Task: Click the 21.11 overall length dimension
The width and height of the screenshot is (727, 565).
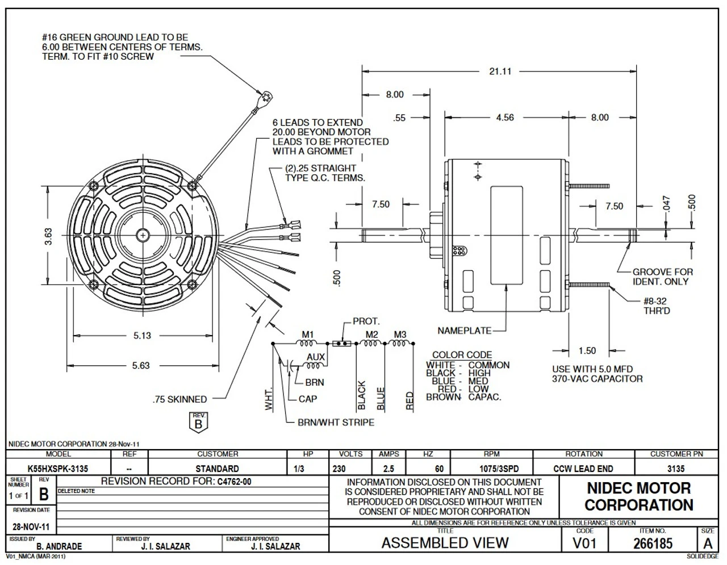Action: click(500, 72)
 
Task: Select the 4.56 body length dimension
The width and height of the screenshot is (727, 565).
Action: click(504, 118)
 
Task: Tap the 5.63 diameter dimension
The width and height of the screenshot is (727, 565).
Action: click(141, 366)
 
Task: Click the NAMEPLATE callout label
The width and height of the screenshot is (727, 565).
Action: click(464, 330)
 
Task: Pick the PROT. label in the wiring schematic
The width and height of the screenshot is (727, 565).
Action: click(366, 321)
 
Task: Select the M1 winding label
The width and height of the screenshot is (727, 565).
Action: click(307, 334)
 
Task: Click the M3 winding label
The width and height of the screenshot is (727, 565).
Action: click(400, 334)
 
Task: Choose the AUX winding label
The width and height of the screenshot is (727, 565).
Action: click(316, 357)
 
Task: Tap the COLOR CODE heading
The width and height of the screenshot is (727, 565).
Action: click(462, 355)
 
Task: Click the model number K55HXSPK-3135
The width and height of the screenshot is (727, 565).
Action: click(58, 469)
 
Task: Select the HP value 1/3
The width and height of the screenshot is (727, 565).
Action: click(299, 469)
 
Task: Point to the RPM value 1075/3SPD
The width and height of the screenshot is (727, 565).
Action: click(492, 469)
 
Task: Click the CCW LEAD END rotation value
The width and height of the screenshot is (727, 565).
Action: click(583, 469)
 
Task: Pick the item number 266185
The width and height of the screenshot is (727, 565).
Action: click(653, 543)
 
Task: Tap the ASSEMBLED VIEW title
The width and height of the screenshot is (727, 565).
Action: click(445, 543)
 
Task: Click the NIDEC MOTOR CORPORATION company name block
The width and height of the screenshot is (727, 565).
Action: click(638, 496)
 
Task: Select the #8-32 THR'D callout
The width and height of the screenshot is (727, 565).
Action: click(657, 307)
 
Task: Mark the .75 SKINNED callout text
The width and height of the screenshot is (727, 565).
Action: click(179, 400)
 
